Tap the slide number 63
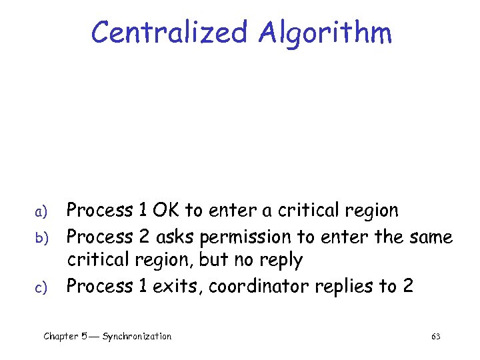436,337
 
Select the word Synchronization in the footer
137,337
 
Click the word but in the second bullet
213,260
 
